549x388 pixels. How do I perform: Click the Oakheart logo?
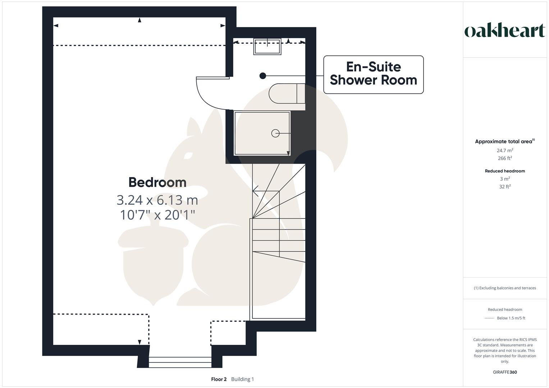(x=504, y=31)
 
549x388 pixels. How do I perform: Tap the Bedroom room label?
(x=157, y=182)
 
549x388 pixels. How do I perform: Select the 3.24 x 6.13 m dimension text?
(x=157, y=200)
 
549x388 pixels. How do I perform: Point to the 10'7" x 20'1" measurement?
(x=157, y=215)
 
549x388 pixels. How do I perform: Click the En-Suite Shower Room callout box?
(x=373, y=74)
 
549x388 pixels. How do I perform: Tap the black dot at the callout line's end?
(x=263, y=76)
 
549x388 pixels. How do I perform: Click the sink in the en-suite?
(x=267, y=46)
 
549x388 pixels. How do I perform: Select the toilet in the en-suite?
(x=287, y=93)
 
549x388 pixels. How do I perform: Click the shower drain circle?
(x=275, y=133)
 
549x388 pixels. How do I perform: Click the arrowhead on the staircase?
(x=255, y=191)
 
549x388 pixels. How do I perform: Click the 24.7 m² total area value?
(x=504, y=151)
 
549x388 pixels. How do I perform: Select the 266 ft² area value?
(x=504, y=158)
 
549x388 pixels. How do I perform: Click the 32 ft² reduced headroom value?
(x=504, y=187)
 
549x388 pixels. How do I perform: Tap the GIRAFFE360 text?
(x=504, y=372)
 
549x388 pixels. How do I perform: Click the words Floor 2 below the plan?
(x=219, y=379)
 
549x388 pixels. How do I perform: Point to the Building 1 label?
(x=242, y=379)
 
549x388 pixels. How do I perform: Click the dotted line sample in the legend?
(x=489, y=318)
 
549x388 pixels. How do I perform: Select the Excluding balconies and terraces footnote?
(x=504, y=288)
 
